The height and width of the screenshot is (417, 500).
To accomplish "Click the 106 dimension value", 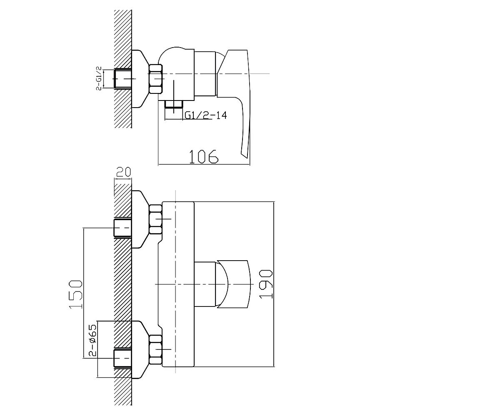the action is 204,157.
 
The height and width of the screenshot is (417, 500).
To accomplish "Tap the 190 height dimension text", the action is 266,284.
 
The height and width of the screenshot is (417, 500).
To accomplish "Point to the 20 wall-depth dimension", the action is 123,172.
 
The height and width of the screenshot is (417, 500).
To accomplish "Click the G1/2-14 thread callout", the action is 206,116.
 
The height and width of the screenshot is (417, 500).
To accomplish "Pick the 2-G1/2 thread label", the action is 99,78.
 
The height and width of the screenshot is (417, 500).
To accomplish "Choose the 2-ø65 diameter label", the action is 93,340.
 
